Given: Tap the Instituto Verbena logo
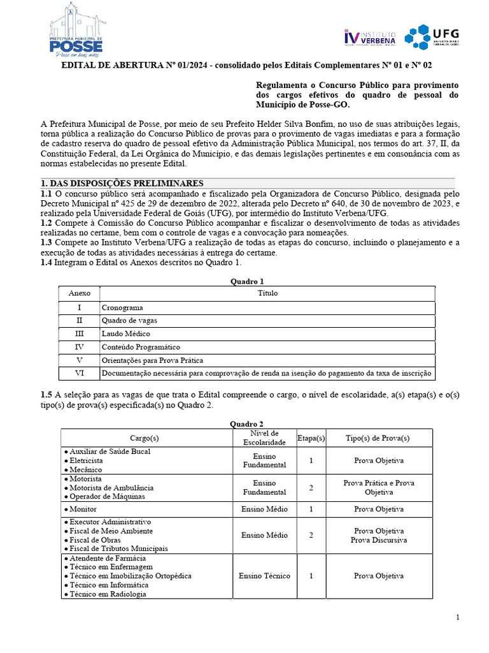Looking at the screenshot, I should coord(369,37).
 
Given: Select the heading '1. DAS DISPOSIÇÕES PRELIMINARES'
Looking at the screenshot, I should coord(122,183).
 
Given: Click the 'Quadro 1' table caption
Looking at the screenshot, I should coord(246,281).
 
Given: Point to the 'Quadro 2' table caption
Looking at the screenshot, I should coord(246,424).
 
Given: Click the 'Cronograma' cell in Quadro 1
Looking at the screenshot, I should coord(122,307).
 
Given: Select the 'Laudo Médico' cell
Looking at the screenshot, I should coord(125,334).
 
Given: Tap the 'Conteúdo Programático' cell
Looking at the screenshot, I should coord(141,347).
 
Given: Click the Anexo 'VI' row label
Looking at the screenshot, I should coord(80,373).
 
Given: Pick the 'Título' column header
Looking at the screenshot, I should coord(267,293).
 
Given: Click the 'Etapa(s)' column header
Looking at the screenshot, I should coord(311,438).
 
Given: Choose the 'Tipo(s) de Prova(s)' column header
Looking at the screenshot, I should coord(378,438).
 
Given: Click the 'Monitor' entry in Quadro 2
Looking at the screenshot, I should coord(83,510).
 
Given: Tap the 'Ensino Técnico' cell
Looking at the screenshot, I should coord(264,576).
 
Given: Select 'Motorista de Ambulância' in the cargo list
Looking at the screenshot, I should coord(111,487).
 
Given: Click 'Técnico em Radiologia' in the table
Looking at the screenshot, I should coord(108,594).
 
